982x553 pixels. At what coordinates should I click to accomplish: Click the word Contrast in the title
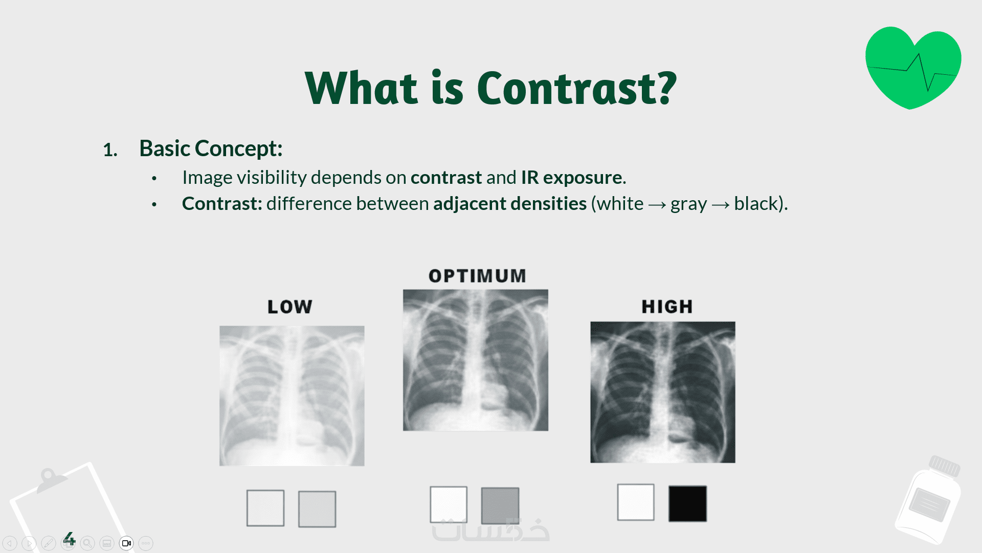576,88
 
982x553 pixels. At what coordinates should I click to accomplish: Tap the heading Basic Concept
211,148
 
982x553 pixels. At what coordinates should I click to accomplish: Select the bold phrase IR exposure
572,177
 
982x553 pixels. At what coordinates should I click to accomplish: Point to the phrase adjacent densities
510,203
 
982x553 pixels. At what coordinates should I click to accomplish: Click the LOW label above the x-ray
290,307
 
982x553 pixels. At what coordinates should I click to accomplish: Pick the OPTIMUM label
477,276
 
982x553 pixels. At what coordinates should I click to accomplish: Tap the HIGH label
667,306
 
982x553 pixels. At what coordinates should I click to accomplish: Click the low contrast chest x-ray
292,396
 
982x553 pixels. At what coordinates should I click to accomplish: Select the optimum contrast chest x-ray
476,360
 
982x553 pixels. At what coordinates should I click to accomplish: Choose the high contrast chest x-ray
663,392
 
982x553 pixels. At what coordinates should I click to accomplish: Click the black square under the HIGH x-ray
688,504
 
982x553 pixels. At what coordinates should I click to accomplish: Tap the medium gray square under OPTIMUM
500,505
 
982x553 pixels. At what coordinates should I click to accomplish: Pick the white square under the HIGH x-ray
636,502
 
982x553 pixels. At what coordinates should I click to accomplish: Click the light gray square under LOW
317,509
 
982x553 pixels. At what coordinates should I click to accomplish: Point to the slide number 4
69,539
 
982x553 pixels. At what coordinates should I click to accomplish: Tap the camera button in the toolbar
126,543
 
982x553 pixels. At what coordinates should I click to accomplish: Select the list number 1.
110,150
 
